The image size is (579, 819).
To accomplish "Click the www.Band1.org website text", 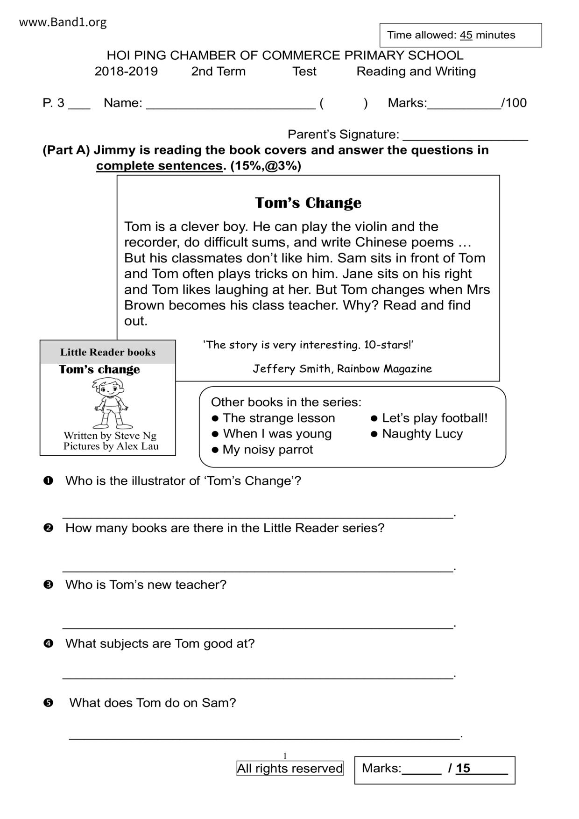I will click(x=63, y=22).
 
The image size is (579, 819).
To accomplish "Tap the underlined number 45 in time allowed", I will click(x=466, y=35).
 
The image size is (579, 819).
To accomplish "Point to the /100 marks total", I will click(x=514, y=103).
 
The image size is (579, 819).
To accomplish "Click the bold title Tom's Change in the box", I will click(x=308, y=203).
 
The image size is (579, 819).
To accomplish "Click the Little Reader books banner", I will click(x=108, y=353).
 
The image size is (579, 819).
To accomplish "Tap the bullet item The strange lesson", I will click(x=279, y=418).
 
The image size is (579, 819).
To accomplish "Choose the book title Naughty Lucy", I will click(x=422, y=434).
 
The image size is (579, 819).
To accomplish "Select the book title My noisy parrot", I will click(x=268, y=450).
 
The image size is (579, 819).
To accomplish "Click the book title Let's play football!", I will click(x=435, y=418).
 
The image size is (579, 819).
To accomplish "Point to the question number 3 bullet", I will click(x=48, y=585).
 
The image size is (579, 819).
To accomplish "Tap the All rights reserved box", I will click(x=290, y=768).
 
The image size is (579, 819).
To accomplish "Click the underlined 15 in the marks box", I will click(x=463, y=768).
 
